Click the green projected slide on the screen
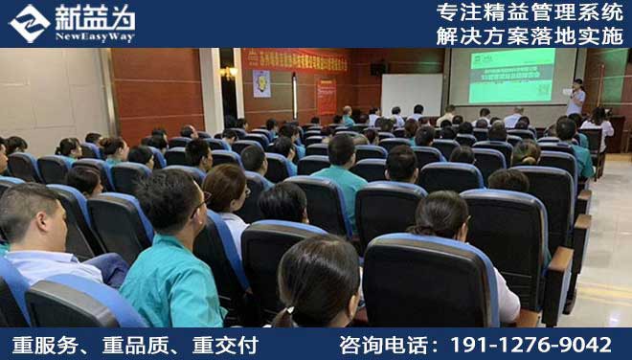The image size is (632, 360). point(511,76)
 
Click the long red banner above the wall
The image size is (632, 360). point(294,60)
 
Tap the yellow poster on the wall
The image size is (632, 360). point(260,84)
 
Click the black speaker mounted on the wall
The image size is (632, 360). point(377,69)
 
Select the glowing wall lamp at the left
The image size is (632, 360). point(228,73)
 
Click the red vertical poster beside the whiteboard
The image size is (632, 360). point(327,97)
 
